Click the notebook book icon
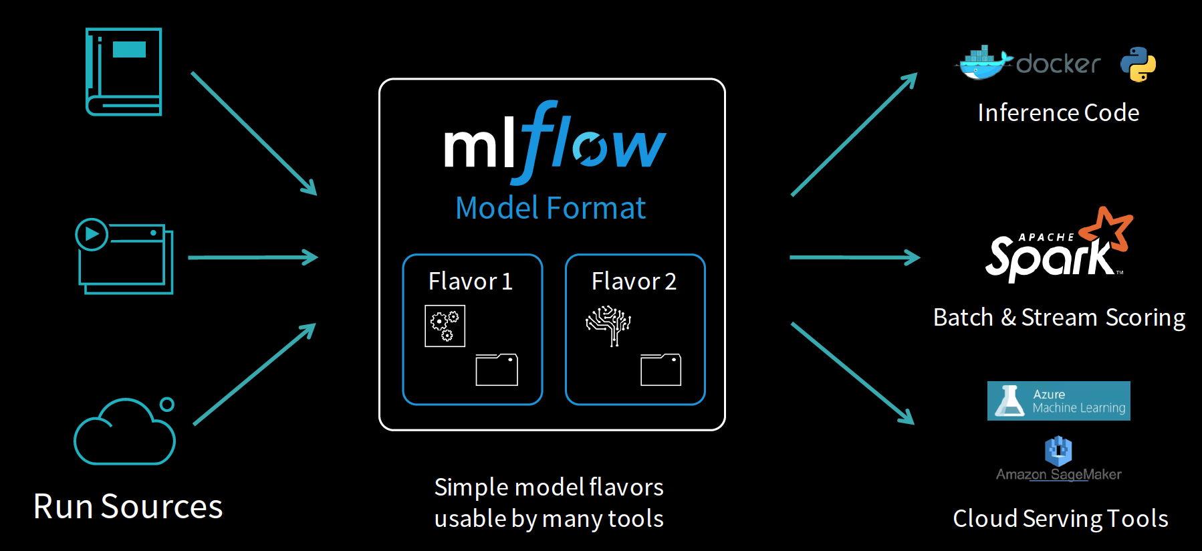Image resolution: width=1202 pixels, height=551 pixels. click(x=124, y=72)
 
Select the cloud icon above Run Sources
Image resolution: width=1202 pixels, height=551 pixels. click(x=124, y=431)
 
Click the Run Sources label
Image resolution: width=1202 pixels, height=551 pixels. click(x=128, y=506)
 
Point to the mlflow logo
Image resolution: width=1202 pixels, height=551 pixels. click(x=555, y=142)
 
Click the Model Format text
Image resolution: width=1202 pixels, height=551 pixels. click(x=550, y=208)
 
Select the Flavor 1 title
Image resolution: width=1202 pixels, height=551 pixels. click(x=471, y=282)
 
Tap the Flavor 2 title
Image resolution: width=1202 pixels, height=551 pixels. click(x=634, y=282)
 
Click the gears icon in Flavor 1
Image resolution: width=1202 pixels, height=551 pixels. click(x=445, y=326)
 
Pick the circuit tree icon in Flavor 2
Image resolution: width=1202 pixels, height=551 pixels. click(x=608, y=326)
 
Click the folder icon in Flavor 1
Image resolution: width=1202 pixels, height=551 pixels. click(x=497, y=370)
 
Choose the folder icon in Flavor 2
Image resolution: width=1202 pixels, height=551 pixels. click(x=660, y=370)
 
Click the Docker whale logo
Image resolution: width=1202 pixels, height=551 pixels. click(x=982, y=63)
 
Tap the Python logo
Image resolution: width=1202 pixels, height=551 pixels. click(x=1138, y=64)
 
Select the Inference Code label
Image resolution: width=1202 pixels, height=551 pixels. click(x=1058, y=113)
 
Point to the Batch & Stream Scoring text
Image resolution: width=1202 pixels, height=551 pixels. click(x=1059, y=318)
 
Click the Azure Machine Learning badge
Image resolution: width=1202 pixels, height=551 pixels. click(x=1059, y=401)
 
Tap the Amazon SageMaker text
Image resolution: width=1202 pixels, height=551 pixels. click(x=1059, y=475)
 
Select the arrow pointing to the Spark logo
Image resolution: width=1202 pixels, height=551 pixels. click(x=855, y=257)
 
